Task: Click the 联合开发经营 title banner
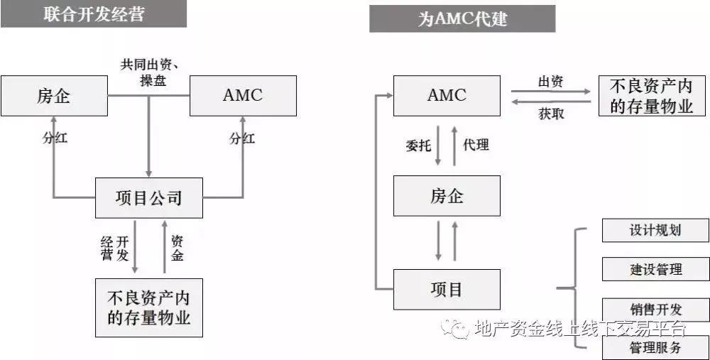[93, 13]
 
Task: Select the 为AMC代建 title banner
[461, 18]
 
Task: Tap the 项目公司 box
[148, 197]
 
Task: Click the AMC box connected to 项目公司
[243, 95]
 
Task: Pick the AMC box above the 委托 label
[447, 95]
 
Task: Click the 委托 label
[417, 146]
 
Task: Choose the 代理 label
[476, 146]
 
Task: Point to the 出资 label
[550, 82]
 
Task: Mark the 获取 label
[551, 113]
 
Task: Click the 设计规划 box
[655, 230]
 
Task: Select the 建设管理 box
[655, 269]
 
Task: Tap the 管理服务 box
[655, 347]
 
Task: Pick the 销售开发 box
[655, 310]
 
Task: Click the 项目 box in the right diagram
[447, 289]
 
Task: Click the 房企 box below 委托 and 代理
[447, 195]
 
